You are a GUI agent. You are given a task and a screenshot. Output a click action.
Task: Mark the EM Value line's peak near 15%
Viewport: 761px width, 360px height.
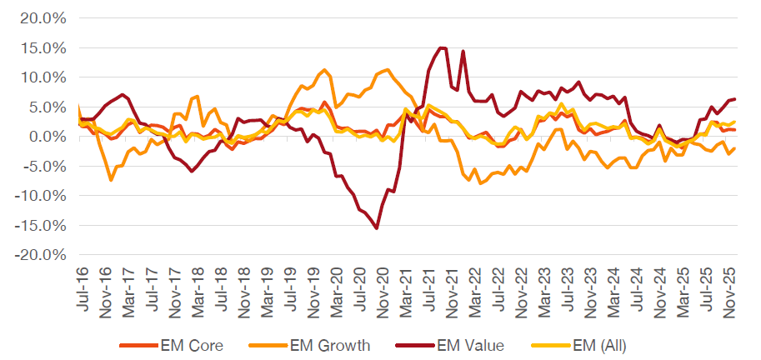tap(442, 47)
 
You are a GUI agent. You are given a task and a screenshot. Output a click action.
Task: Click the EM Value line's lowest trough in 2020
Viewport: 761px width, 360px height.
tap(377, 228)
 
